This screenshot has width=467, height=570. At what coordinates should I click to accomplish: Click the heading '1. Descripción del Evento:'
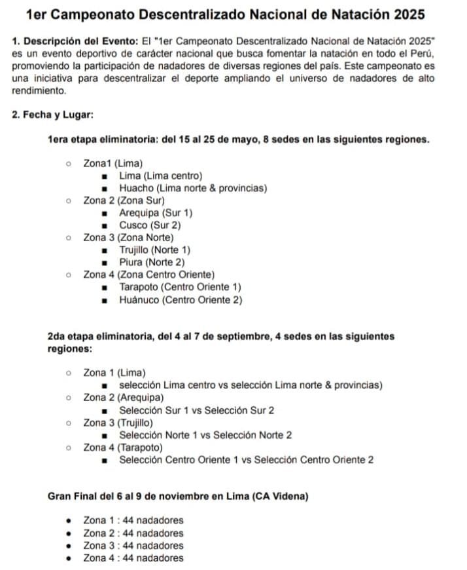tap(75, 40)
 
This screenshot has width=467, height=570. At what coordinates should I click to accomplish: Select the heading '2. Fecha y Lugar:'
tap(53, 115)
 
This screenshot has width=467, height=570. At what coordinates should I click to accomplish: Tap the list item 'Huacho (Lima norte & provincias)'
tap(193, 188)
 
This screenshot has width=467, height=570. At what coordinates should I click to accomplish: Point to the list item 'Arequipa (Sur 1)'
tap(156, 213)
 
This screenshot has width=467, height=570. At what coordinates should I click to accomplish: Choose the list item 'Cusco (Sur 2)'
tap(150, 225)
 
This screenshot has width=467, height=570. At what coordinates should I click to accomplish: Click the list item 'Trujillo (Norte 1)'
tap(154, 250)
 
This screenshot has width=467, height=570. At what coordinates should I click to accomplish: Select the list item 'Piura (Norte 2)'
tap(152, 262)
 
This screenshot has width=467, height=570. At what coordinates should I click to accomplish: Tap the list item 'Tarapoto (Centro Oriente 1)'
tap(180, 287)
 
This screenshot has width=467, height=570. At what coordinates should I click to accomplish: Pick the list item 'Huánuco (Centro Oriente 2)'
tap(181, 299)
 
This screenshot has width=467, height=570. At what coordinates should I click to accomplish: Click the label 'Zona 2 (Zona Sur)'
tap(124, 200)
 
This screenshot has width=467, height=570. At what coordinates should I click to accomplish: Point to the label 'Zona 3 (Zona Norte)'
tap(128, 238)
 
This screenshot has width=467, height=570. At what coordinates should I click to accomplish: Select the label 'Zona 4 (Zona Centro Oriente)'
tap(149, 275)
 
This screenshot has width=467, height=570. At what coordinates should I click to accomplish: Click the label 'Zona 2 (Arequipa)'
tap(124, 398)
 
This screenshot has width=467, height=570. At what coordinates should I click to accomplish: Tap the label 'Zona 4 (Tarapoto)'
tap(123, 447)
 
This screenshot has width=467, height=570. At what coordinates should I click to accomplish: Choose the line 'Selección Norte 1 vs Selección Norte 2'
tap(205, 435)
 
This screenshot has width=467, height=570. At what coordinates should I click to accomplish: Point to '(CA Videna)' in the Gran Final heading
tap(281, 497)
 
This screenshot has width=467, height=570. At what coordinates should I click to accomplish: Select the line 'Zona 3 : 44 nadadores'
tap(133, 546)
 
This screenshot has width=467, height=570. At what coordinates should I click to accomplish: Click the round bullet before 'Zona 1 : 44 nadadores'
tap(69, 521)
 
